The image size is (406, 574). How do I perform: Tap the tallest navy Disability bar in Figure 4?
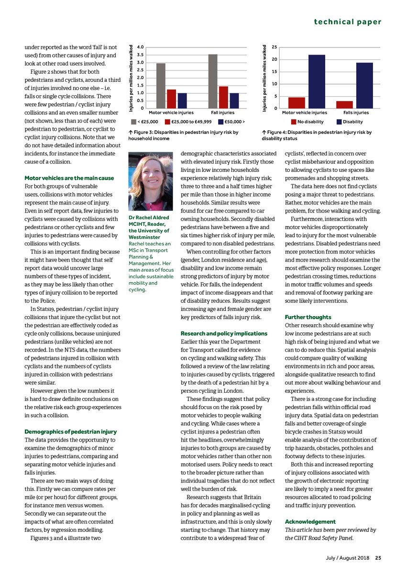[317, 81]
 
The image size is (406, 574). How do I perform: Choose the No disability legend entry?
[307, 121]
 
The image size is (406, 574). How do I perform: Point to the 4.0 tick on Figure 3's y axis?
[140, 47]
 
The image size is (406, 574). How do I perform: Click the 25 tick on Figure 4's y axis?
[274, 47]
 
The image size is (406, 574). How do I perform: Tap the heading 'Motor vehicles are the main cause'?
[69, 178]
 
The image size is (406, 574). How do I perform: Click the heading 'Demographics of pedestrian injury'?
[70, 431]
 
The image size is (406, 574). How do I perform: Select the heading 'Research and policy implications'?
[224, 333]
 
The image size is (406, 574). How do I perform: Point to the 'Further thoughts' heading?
[308, 317]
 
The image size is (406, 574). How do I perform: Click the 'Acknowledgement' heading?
[310, 521]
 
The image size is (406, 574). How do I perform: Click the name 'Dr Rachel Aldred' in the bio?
[149, 218]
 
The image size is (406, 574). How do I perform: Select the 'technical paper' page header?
[348, 22]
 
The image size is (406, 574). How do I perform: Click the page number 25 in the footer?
[378, 557]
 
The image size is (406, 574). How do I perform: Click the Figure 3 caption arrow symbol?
[131, 132]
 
